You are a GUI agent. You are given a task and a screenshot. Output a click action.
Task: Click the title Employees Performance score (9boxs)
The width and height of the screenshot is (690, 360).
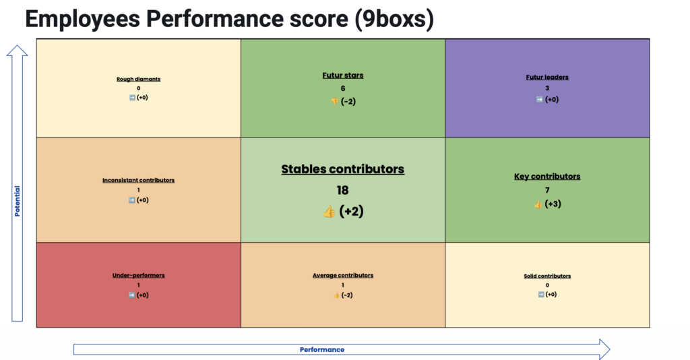[x=229, y=20]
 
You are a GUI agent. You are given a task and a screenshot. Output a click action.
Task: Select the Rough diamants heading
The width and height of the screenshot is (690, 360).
[x=139, y=80]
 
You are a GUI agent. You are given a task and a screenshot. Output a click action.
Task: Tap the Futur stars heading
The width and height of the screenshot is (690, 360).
[x=343, y=76]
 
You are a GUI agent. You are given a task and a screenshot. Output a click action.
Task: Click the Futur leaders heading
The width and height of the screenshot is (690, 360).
[x=547, y=77]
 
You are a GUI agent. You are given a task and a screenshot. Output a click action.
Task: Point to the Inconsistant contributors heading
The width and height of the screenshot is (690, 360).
[x=139, y=180]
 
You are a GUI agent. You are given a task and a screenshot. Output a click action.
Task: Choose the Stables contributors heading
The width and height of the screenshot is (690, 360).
[x=343, y=169]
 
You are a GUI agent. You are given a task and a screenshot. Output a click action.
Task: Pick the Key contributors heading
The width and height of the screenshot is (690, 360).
[x=547, y=177]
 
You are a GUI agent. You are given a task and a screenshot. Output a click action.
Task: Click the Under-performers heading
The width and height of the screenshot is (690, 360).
[x=139, y=275]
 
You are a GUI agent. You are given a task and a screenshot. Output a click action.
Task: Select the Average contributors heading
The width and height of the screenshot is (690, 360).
[x=343, y=275]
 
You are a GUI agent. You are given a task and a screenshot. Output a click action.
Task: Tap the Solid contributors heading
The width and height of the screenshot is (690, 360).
[x=547, y=276]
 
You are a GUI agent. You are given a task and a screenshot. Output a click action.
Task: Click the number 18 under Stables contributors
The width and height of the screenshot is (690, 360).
[x=343, y=190]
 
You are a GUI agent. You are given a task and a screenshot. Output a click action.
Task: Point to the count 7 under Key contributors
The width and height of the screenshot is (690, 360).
[x=547, y=190]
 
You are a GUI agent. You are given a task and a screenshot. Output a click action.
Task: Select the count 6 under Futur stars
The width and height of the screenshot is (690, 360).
[x=343, y=88]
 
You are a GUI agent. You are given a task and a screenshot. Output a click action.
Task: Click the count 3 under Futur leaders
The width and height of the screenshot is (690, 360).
[x=547, y=88]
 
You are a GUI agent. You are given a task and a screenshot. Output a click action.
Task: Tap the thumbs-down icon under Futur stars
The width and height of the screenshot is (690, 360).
[x=334, y=102]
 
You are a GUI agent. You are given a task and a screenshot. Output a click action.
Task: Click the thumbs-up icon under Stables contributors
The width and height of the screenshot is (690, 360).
[x=329, y=212]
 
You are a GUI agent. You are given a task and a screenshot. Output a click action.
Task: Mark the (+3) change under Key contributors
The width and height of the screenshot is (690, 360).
[x=553, y=204]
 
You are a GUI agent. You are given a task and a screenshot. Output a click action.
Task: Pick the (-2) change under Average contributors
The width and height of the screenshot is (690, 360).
[x=347, y=295]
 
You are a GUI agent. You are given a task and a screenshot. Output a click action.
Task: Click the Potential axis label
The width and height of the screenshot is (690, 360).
[x=17, y=201]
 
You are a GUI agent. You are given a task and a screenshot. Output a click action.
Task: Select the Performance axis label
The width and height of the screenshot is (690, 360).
[x=322, y=349]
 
